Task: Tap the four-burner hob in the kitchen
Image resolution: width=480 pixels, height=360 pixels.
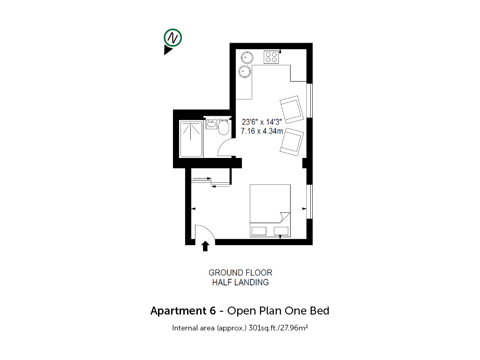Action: click(271, 57)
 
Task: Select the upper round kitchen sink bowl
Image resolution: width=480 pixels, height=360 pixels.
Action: click(247, 58)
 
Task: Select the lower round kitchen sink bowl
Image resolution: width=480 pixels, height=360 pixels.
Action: click(245, 72)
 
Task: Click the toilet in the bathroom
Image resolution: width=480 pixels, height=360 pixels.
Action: click(224, 127)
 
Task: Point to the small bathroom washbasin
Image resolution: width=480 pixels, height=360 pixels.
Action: click(211, 124)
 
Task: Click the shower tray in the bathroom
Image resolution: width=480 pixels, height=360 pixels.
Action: click(191, 139)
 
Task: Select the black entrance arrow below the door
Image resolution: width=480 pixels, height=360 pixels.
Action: click(205, 246)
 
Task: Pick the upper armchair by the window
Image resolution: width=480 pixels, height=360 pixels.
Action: click(292, 109)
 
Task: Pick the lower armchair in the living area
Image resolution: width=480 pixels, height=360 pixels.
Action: click(292, 142)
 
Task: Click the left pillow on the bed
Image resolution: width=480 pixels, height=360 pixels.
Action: click(259, 231)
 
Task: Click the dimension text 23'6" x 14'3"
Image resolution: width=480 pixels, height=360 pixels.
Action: click(262, 122)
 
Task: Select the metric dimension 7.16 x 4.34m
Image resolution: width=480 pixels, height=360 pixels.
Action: click(262, 131)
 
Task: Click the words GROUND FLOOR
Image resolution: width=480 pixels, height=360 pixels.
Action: click(240, 272)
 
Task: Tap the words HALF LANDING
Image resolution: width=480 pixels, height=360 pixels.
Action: click(240, 282)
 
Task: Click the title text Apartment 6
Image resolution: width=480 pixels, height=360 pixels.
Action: click(183, 311)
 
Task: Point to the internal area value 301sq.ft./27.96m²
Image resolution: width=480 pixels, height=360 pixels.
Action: click(278, 328)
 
